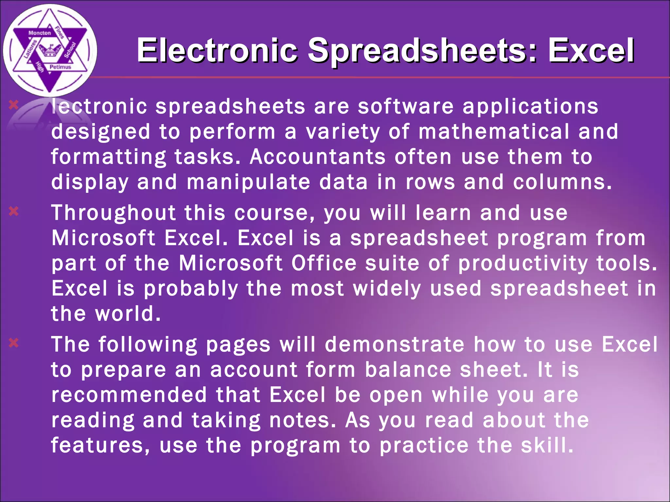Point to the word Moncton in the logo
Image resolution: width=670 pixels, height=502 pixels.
click(40, 33)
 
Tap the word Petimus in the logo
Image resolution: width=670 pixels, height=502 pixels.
click(60, 67)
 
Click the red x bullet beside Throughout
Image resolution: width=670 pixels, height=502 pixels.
click(14, 211)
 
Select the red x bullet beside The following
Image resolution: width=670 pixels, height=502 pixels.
click(14, 343)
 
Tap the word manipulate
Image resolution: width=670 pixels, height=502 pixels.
click(248, 182)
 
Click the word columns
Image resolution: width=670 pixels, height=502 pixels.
click(562, 182)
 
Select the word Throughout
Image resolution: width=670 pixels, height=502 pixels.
click(114, 213)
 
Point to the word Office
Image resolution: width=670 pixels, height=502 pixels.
click(324, 263)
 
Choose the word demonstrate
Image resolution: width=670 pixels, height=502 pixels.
click(395, 344)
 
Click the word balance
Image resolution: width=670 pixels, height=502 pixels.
click(408, 370)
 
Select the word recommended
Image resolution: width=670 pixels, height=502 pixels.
click(129, 395)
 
